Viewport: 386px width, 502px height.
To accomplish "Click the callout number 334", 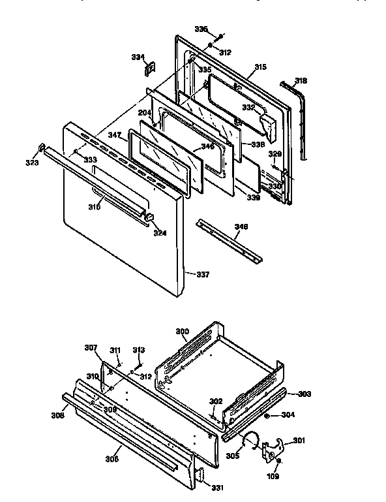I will point(137,57).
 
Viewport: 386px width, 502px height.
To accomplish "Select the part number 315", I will point(260,67).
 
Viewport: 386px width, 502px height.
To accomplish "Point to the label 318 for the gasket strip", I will point(300,81).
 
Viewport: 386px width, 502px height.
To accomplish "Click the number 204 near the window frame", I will point(145,113).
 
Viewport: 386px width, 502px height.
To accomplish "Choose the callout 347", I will point(115,135).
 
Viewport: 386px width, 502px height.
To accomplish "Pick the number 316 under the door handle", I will point(95,208).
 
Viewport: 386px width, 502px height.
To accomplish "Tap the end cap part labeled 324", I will point(149,216).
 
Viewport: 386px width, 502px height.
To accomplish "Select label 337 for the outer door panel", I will point(203,274).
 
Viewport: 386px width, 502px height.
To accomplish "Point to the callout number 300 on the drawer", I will point(182,332).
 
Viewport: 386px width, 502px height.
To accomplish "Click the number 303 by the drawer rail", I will point(304,394).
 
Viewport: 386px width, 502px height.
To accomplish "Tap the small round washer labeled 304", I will point(268,415).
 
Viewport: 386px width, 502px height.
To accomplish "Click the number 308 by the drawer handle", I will point(57,415).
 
